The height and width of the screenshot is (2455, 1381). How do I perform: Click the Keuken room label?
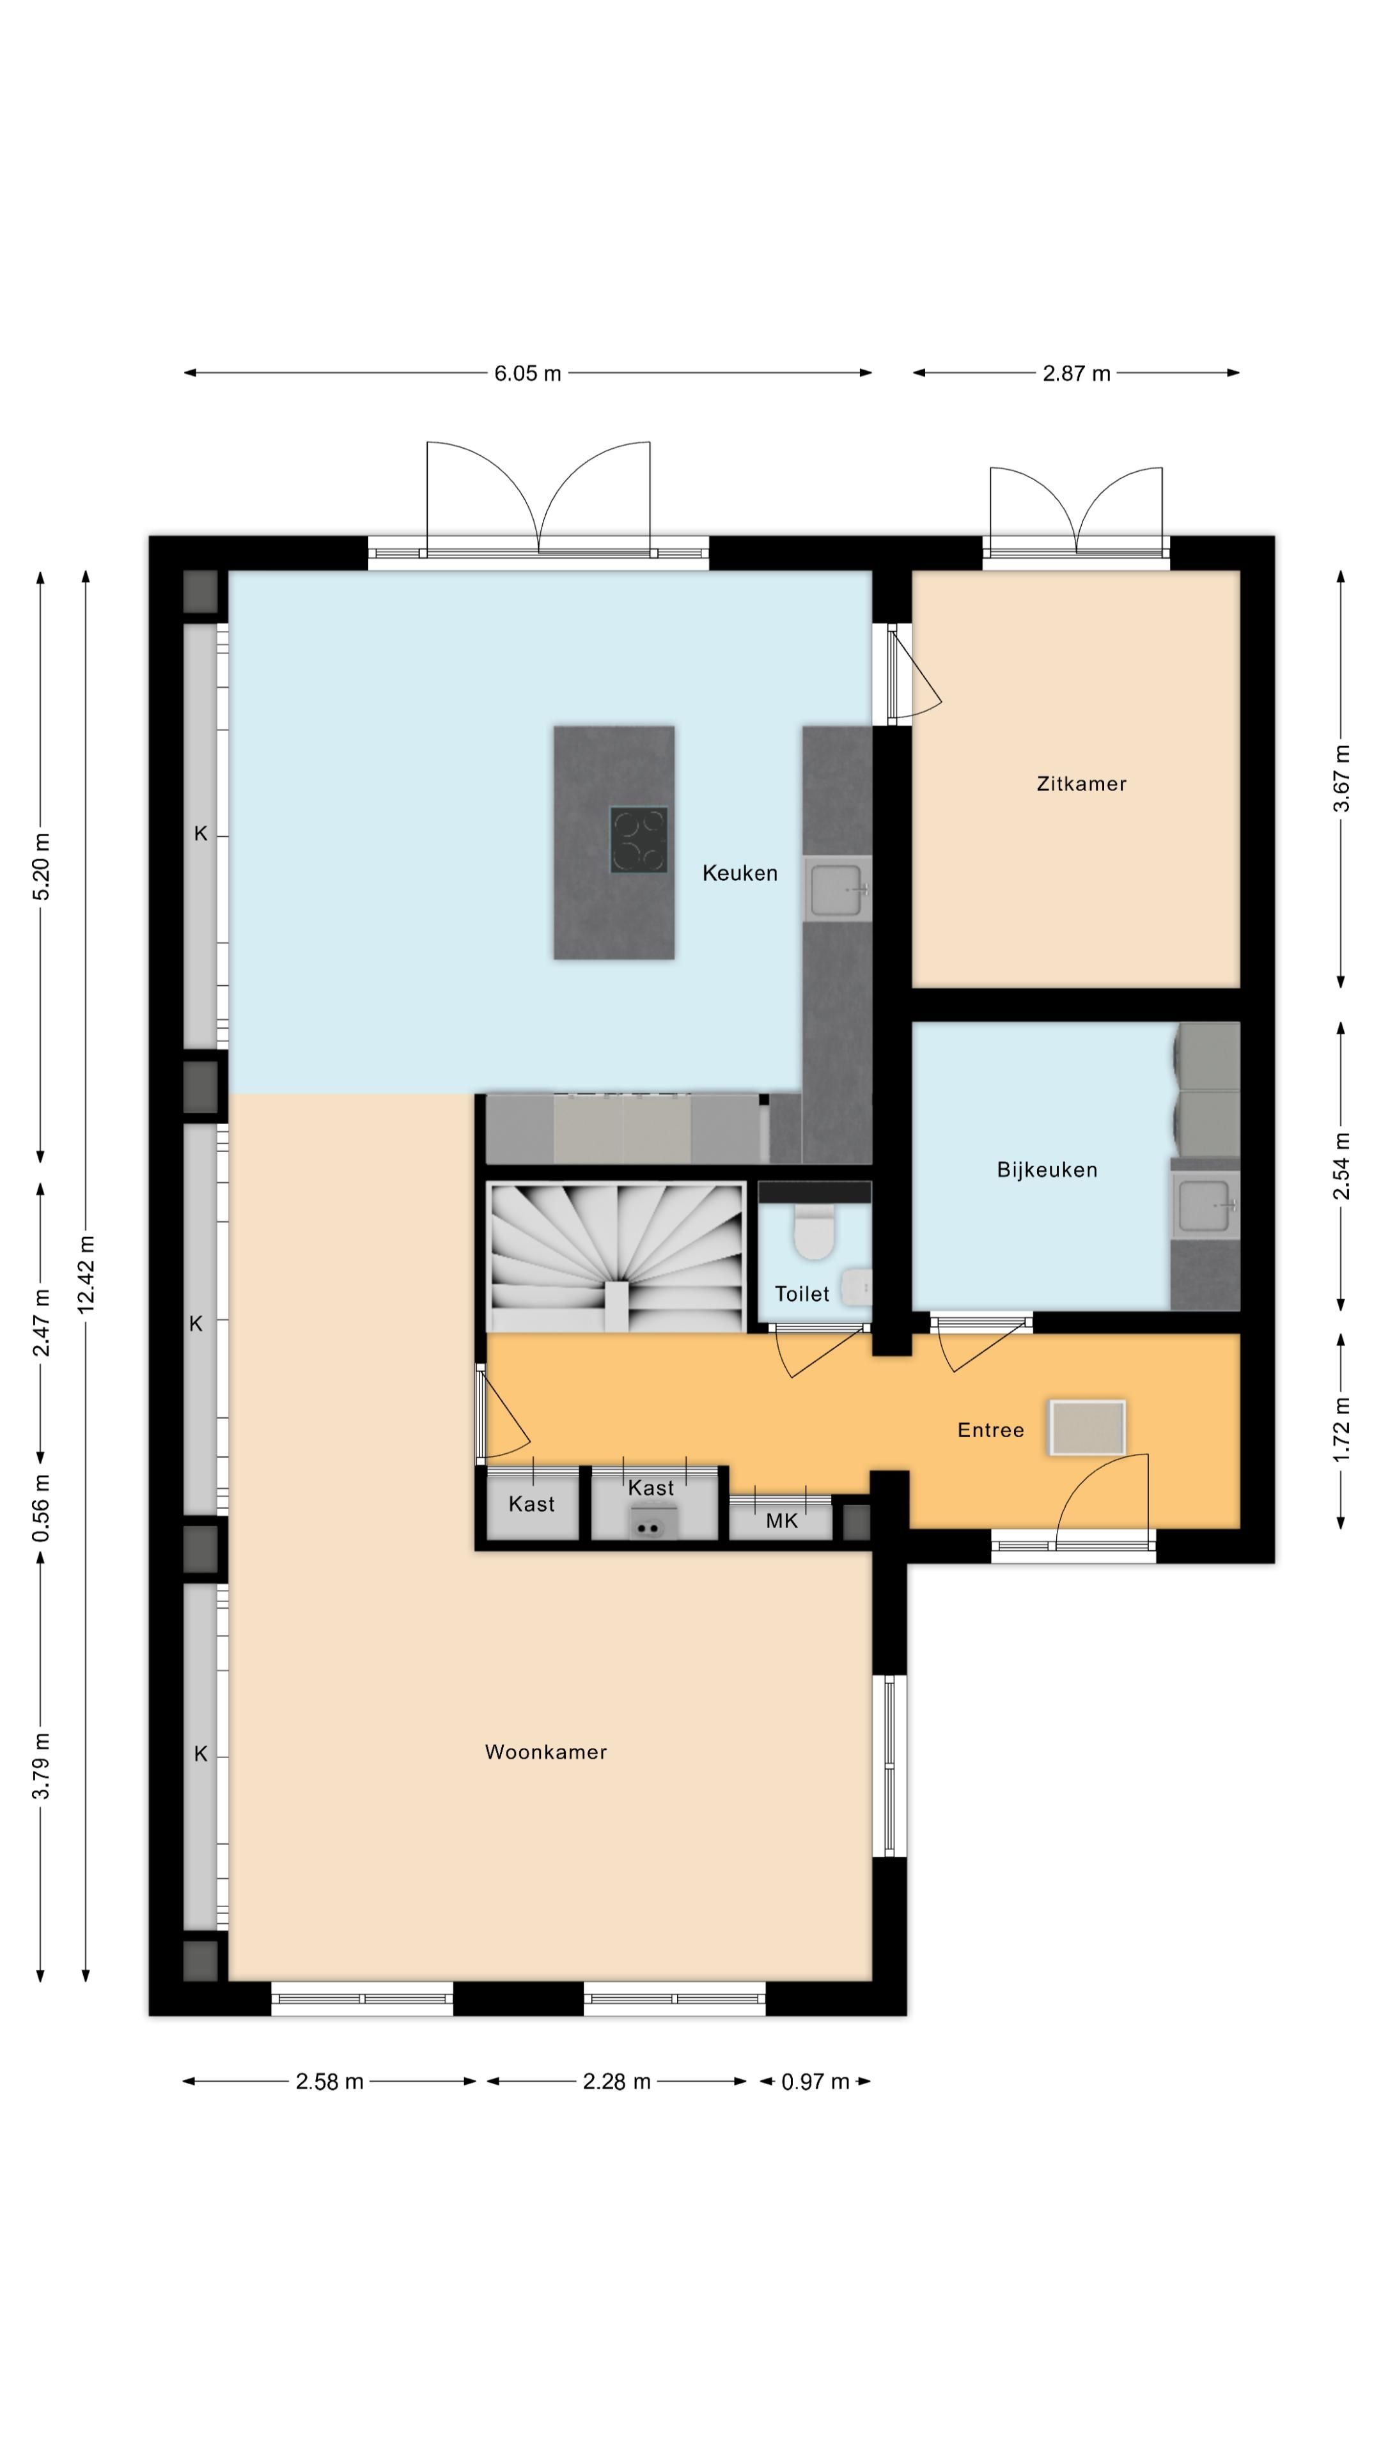point(740,873)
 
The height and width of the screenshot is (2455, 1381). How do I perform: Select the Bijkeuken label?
point(1047,1171)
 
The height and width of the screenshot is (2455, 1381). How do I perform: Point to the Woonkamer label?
point(546,1752)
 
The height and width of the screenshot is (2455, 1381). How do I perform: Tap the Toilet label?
point(802,1293)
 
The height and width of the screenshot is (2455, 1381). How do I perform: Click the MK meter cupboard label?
point(781,1521)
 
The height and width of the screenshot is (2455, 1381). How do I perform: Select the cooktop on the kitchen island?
point(639,839)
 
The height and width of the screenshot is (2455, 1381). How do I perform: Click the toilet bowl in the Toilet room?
point(814,1230)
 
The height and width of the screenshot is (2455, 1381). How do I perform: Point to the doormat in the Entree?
point(1086,1428)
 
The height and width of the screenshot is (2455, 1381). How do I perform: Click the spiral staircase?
point(616,1256)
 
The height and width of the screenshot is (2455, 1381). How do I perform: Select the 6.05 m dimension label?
point(527,373)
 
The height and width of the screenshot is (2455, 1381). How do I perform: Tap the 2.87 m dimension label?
point(1076,373)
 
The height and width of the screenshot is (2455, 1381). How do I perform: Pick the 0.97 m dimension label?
point(815,2082)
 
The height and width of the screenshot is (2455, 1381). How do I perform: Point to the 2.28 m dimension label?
point(616,2082)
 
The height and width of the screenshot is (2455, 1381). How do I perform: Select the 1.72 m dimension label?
point(1341,1430)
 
